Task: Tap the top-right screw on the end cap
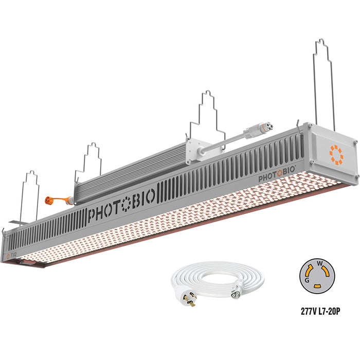354,140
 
